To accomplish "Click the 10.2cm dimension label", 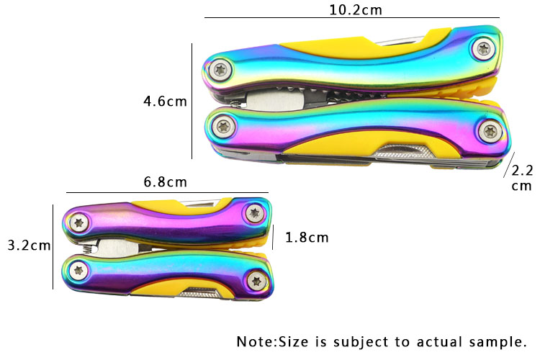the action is [x=356, y=10].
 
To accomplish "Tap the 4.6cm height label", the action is [x=166, y=102].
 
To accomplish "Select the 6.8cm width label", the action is [x=166, y=182].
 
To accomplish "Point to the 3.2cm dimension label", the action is [x=30, y=246].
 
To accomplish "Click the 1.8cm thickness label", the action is [x=307, y=238].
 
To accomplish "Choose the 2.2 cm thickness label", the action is [x=522, y=178].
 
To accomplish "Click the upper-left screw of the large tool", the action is [x=220, y=70].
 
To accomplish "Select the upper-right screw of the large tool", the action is [x=484, y=48].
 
